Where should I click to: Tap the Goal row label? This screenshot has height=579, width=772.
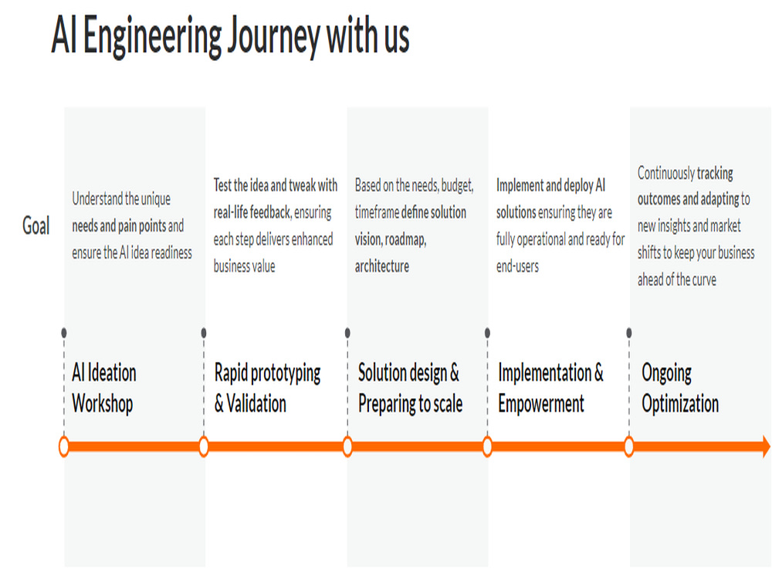coord(36,226)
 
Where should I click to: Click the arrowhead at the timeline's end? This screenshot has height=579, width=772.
coord(766,446)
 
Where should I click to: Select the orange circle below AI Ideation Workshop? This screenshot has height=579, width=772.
coord(63,446)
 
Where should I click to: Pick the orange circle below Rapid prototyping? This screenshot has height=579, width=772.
coord(204,446)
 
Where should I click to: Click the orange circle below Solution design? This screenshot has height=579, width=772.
coord(347,446)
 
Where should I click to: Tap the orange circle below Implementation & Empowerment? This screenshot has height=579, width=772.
coord(487,446)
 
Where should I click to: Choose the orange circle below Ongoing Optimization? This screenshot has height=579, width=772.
coord(628,446)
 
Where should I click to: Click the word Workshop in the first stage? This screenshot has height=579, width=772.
coord(103,404)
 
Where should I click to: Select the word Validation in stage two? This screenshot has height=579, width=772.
coord(256,404)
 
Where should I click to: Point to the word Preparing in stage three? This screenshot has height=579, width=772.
coord(387,405)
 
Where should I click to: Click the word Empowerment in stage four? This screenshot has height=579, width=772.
coord(541,405)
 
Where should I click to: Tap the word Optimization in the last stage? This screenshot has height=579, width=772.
coord(680,405)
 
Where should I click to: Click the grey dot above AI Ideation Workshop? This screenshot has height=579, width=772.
coord(63,333)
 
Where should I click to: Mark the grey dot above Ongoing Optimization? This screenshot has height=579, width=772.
coord(628,333)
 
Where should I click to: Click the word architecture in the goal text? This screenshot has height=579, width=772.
coord(382,266)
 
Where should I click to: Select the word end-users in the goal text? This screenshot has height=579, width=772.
coord(517,266)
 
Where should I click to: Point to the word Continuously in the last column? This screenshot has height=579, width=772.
coord(665,173)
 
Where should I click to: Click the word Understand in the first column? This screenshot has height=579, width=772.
coord(97,199)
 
